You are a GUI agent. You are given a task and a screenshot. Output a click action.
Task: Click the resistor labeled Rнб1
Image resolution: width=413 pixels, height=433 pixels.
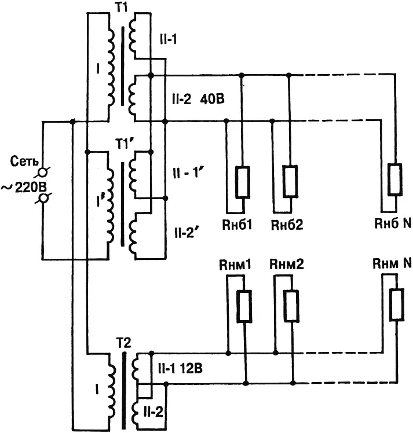[x=243, y=182]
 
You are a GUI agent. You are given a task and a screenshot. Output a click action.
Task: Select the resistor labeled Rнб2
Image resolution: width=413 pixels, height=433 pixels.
[x=290, y=181]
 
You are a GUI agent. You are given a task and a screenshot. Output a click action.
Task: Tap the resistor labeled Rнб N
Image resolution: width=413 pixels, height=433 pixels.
[x=395, y=180]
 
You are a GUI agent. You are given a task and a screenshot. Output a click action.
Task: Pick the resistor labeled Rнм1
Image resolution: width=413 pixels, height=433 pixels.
[x=244, y=306]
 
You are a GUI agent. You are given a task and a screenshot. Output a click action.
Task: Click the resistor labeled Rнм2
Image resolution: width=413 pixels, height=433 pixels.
[x=291, y=306]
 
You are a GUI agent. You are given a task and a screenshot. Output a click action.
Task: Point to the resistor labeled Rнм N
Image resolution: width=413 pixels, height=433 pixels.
[x=397, y=304]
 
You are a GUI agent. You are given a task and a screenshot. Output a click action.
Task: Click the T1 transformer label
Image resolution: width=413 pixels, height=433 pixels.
[x=121, y=7]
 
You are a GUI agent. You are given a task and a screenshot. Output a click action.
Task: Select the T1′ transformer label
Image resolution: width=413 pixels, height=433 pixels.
[x=125, y=144]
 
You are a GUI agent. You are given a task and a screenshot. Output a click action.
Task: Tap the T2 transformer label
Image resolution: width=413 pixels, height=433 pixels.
[x=123, y=343]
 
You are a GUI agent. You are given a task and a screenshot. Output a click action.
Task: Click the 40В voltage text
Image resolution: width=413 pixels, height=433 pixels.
[x=212, y=99]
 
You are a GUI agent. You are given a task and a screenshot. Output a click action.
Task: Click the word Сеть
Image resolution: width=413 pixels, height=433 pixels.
[x=24, y=162]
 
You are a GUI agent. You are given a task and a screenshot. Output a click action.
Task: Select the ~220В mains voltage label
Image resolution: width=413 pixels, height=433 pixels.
[x=24, y=188]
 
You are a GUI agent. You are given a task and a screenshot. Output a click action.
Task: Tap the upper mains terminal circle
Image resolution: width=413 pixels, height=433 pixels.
[x=42, y=173]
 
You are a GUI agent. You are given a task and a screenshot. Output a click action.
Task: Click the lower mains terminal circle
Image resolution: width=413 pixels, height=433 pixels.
[x=43, y=199]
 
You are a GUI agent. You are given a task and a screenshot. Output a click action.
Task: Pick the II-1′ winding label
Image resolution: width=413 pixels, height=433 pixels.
[x=188, y=173]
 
